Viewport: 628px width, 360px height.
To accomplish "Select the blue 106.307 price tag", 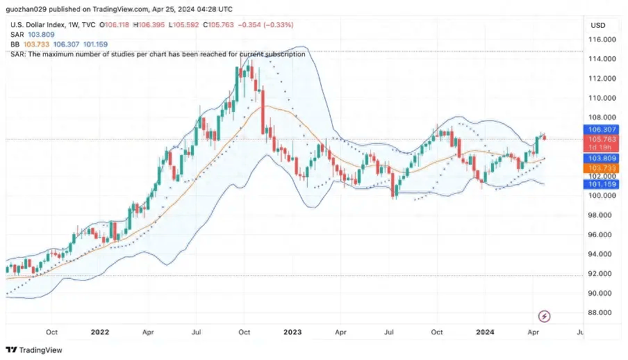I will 599,129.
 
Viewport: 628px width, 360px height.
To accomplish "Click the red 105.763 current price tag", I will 599,139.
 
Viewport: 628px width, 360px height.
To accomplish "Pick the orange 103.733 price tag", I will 599,168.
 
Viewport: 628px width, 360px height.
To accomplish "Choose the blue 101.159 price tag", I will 599,184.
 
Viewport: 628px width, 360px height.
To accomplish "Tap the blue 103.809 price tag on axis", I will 599,158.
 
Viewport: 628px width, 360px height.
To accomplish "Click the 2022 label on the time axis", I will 100,332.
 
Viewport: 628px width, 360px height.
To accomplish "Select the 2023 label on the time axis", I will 293,332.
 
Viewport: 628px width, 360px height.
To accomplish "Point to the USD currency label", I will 597,25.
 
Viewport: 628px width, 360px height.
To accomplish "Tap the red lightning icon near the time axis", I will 545,316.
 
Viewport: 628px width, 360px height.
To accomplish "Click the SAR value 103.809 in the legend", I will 42,34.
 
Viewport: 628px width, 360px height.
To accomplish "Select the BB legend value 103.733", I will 36,44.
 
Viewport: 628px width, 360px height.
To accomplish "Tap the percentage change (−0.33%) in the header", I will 277,24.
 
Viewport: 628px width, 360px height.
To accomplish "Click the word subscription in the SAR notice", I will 281,54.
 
